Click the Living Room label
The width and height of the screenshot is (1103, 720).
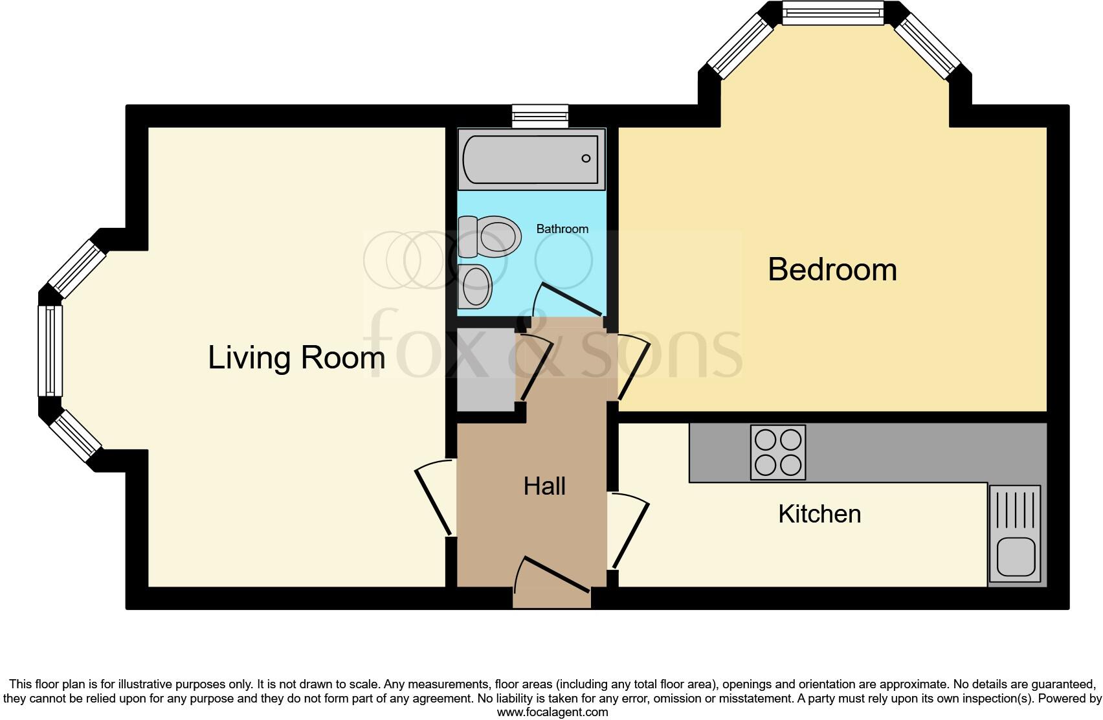pos(296,357)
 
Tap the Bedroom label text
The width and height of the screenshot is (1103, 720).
pos(832,269)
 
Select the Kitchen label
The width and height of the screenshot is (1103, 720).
pos(819,514)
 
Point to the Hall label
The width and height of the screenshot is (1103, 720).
pos(544,486)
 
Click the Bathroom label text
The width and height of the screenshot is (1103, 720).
pos(562,229)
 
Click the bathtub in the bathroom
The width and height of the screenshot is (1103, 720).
pos(531,159)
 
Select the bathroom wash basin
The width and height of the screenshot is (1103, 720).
pos(476,286)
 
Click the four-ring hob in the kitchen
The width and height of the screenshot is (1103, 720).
pos(778,453)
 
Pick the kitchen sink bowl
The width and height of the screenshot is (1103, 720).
pos(1016,556)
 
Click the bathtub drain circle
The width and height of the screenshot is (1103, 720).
pos(586,159)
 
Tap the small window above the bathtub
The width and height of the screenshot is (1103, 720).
pos(540,117)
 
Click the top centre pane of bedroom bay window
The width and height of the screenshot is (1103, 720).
pos(832,13)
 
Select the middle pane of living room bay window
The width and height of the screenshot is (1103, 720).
pos(50,350)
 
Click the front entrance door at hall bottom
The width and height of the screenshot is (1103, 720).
pos(551,574)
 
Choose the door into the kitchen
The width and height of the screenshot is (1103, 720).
pos(630,534)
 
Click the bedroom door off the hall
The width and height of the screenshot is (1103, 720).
pos(633,369)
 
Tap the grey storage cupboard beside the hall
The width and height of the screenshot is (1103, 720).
pos(485,370)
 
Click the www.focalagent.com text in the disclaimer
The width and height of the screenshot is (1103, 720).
pos(552,712)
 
